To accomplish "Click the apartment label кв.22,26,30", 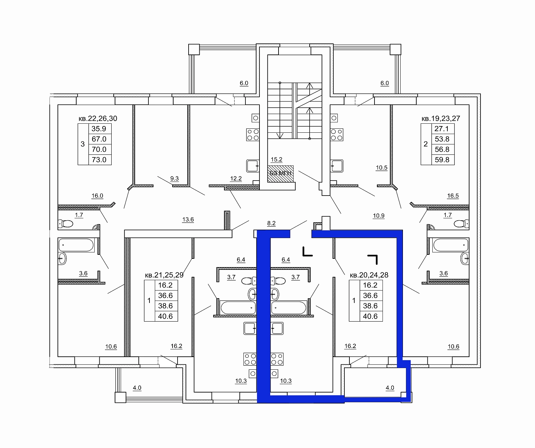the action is (x=98, y=119).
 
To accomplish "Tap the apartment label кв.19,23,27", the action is (x=441, y=119).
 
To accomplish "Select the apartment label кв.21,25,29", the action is (x=164, y=275).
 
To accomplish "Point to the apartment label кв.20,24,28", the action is (x=369, y=275).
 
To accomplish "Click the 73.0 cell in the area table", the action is (x=99, y=160).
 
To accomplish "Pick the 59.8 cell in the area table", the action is (x=442, y=160).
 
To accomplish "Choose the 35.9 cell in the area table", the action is (x=99, y=129).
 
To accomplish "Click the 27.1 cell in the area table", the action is (x=442, y=129).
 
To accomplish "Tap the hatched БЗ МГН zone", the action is (x=281, y=174).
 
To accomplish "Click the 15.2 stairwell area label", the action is (x=277, y=160).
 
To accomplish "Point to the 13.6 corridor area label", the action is (x=188, y=220).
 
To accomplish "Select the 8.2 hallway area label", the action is (x=271, y=223).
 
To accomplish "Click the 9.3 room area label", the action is (x=175, y=179).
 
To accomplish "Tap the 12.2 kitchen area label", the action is (x=236, y=179).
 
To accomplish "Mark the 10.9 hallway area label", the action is (x=379, y=216).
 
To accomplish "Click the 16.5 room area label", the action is (x=453, y=196).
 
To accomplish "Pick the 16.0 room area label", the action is (x=97, y=196).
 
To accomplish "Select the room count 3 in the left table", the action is (x=83, y=144).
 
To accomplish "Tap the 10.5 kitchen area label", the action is (x=382, y=168).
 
